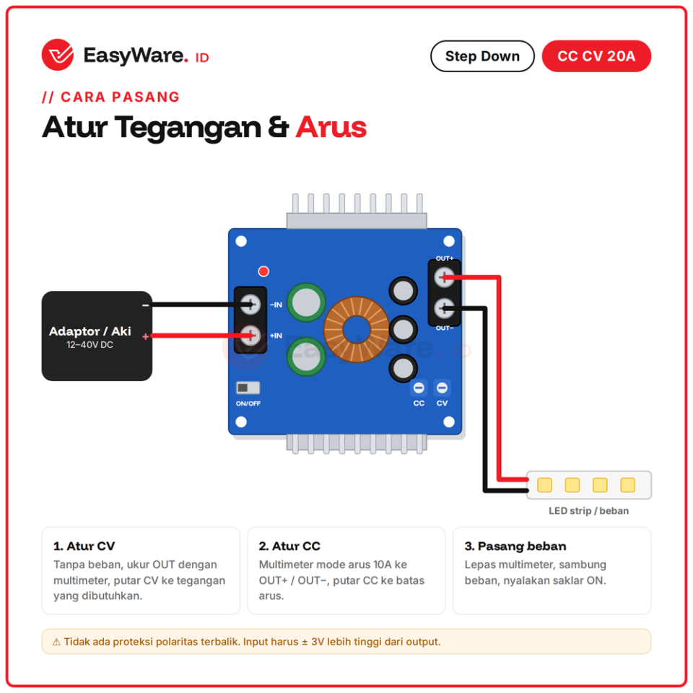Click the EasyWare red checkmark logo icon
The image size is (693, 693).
click(58, 55)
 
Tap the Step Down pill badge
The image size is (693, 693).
click(482, 56)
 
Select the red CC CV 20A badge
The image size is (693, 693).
click(596, 56)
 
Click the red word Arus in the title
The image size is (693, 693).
click(331, 127)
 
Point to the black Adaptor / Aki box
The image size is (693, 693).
click(97, 336)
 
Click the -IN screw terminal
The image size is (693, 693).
click(250, 304)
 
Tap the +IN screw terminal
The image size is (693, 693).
click(250, 336)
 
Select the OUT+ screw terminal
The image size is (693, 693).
click(444, 277)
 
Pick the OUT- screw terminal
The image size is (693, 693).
click(444, 308)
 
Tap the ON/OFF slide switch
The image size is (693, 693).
click(248, 388)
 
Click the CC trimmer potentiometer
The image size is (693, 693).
click(419, 388)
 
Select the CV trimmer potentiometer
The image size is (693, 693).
click(442, 388)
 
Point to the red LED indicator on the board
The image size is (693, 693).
click(263, 271)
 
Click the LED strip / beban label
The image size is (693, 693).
click(589, 511)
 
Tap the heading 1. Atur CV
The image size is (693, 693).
click(84, 546)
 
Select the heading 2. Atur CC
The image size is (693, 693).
click(289, 546)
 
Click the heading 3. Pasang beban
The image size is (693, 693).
click(515, 546)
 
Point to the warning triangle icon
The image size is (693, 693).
click(56, 642)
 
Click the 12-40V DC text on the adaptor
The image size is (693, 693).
click(90, 345)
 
